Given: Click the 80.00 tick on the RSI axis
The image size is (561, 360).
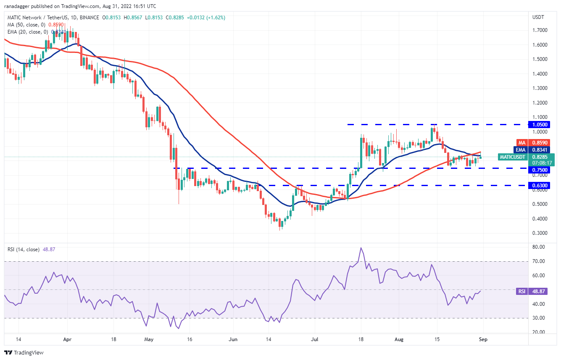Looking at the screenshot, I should [538, 247].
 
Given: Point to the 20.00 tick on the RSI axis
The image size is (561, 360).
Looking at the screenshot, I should [538, 332].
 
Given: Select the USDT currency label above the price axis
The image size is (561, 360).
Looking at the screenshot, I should [538, 17].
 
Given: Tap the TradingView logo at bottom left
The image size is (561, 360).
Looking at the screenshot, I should [24, 352].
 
